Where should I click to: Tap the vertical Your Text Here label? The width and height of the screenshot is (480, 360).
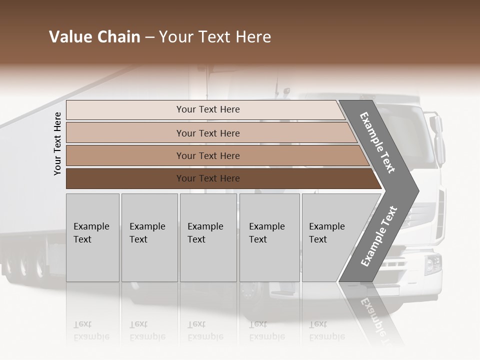pos(57,143)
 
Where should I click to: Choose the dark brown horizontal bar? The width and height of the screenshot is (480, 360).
pos(220,178)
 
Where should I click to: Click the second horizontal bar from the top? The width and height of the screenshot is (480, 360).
pos(210,133)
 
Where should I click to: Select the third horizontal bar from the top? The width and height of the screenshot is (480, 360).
pos(215,155)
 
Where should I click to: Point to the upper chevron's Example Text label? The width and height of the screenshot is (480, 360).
pos(377,142)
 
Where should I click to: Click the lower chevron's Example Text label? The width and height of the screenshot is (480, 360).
pos(378,236)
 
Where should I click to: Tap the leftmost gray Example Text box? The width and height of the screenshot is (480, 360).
pos(92,237)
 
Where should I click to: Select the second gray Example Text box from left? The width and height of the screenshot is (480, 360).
pos(149,237)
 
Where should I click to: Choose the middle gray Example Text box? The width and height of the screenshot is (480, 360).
pos(208,237)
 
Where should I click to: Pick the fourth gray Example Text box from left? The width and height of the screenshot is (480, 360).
pos(269,237)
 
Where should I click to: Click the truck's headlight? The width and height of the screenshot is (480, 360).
pos(432,264)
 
